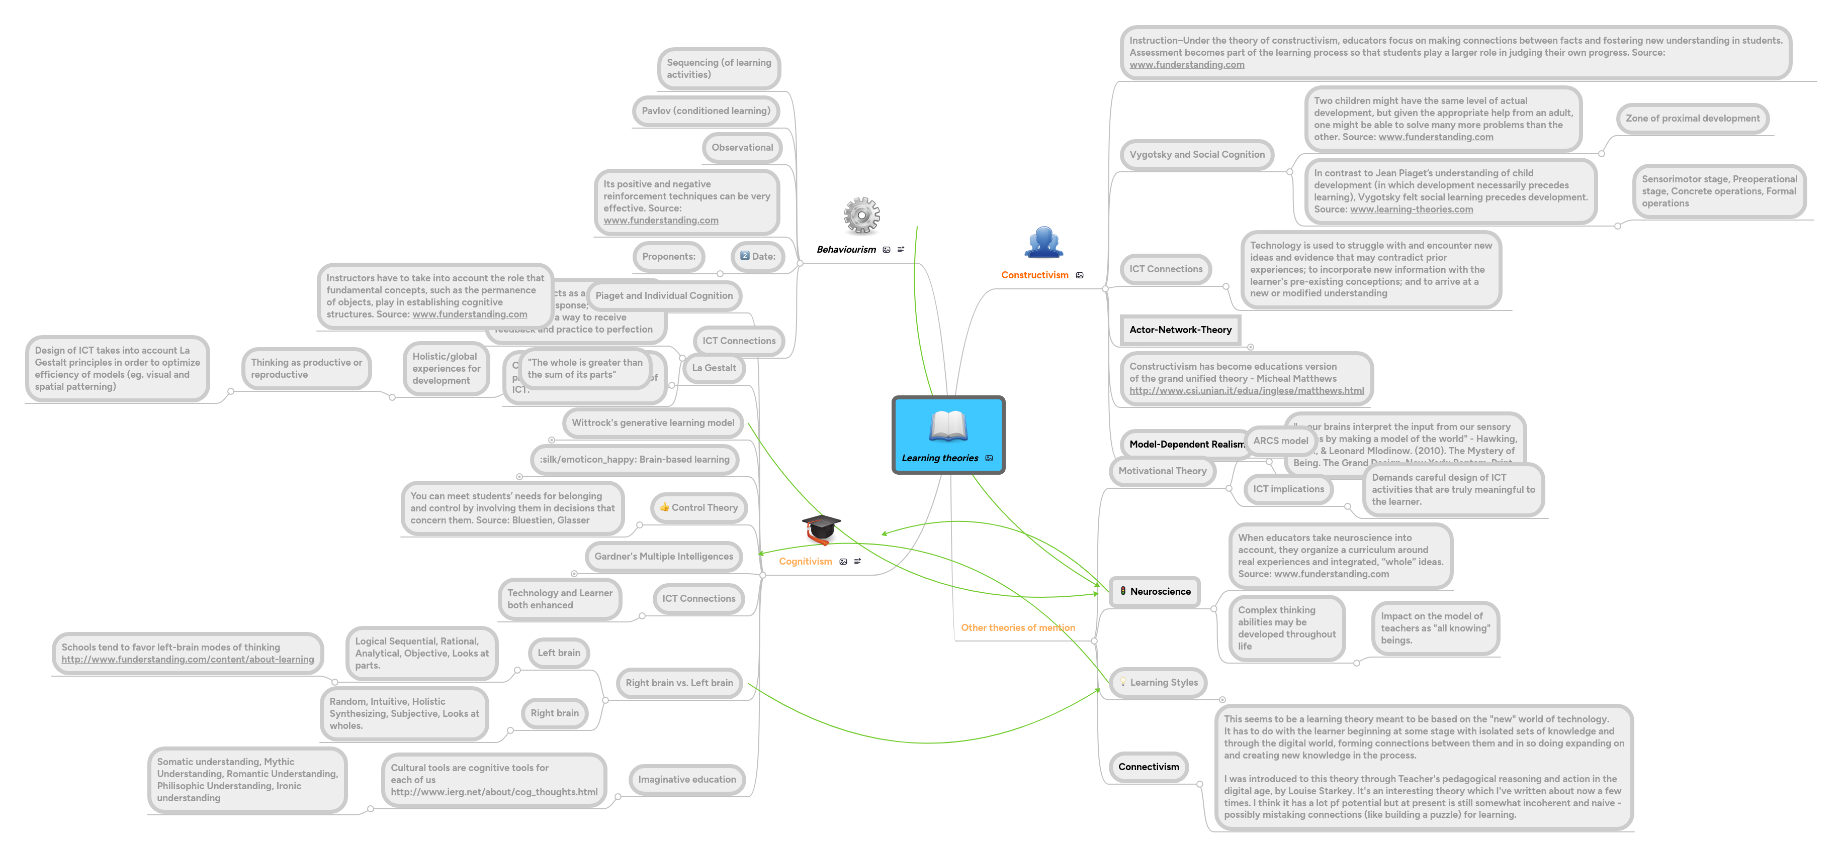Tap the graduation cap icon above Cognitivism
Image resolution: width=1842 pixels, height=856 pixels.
820,529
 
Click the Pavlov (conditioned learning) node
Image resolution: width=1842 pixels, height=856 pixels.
705,111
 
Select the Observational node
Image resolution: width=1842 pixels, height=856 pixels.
742,147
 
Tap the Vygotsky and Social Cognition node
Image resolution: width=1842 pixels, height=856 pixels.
1196,154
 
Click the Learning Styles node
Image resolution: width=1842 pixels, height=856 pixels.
1159,682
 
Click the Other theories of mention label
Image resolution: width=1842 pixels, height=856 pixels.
1017,627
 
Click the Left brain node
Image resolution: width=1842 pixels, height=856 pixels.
559,653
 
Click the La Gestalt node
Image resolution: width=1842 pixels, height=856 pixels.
713,368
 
